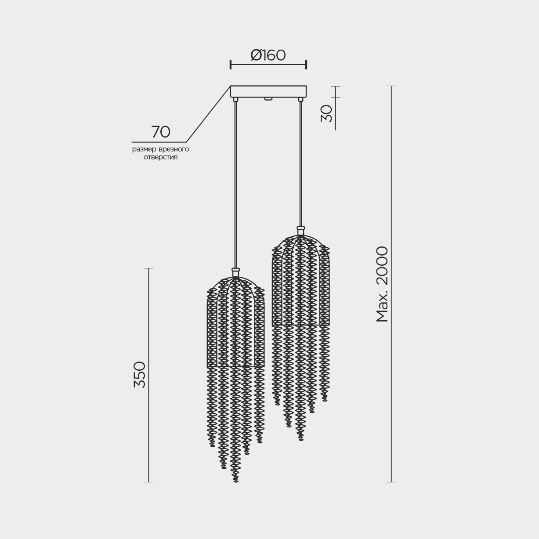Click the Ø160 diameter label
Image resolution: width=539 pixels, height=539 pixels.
[268, 55]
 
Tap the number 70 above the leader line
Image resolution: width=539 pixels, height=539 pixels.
[161, 132]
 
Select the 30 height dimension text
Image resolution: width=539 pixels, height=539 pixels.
[326, 114]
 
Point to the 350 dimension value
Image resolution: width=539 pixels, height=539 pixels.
[140, 375]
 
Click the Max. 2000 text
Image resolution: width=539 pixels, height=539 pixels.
[382, 284]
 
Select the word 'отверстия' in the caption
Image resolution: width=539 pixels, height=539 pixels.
[160, 157]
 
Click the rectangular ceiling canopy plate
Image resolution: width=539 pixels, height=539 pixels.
[268, 91]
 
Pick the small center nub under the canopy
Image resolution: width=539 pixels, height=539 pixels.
[268, 98]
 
